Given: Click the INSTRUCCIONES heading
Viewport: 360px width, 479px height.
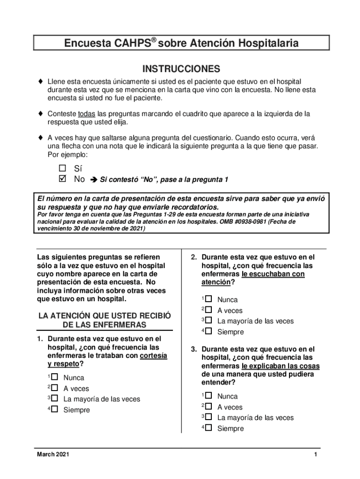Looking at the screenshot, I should (x=181, y=69).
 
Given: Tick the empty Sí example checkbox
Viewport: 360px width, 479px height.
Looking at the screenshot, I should (x=63, y=168).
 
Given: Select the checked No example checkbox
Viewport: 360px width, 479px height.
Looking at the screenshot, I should (x=63, y=179).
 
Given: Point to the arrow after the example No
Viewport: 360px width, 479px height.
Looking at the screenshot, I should (x=93, y=180).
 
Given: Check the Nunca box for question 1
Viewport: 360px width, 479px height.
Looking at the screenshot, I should (x=55, y=377).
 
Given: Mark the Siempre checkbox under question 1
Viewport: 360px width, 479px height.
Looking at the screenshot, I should (x=55, y=409).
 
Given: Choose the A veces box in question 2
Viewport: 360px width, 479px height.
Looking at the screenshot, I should (x=209, y=310).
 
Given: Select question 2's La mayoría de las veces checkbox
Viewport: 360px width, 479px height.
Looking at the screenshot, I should (x=209, y=320).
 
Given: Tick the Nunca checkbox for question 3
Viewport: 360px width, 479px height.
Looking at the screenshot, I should (x=209, y=396).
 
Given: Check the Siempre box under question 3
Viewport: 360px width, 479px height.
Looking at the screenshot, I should (x=209, y=428).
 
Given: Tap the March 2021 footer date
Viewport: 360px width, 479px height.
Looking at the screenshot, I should (x=53, y=456).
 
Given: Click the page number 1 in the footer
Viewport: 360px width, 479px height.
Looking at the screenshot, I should (x=317, y=456).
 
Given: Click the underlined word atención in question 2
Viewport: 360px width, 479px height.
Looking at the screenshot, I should (x=216, y=283).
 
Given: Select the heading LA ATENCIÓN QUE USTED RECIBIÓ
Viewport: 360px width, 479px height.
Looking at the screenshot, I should (x=105, y=315).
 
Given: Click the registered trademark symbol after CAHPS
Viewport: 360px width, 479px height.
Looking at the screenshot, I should (x=153, y=40).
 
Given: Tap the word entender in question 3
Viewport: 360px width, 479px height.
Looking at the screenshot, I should (x=217, y=383).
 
